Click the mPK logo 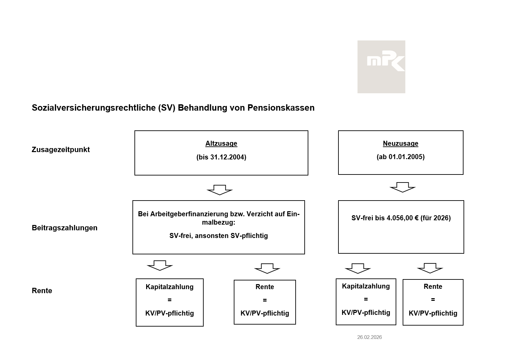coord(381,67)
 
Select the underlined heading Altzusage coord(221,144)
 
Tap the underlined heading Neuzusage coord(400,144)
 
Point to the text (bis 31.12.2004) coord(221,157)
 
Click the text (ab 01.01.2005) coord(400,157)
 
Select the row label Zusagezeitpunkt coord(61,150)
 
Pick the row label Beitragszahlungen coord(65,228)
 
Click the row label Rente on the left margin coord(42,291)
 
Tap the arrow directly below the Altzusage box coord(220,190)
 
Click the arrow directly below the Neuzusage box coord(403,187)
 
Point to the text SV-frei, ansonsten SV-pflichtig coord(218,236)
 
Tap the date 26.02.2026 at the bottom coord(369,337)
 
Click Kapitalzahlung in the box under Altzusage coord(170,287)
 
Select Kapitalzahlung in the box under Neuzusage coord(366,286)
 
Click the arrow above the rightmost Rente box coord(430,268)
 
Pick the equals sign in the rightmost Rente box coord(433,300)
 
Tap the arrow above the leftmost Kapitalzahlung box coord(160,265)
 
